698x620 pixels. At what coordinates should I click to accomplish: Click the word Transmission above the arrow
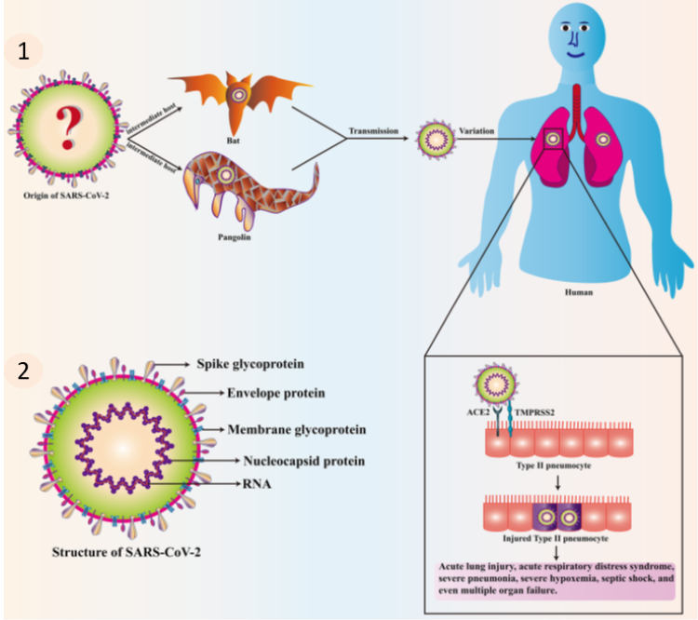375,131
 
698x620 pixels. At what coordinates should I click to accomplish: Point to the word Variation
478,131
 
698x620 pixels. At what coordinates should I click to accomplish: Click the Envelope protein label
276,394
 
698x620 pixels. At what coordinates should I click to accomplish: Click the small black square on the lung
553,139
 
